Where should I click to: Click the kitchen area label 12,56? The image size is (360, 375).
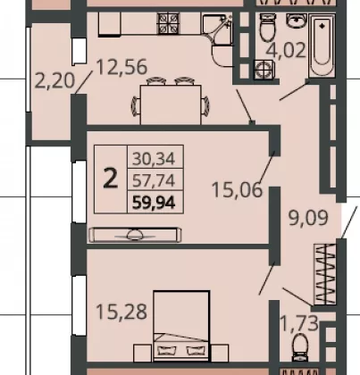[122, 67]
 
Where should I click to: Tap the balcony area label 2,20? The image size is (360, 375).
[54, 80]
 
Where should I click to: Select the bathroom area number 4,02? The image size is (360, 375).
[286, 50]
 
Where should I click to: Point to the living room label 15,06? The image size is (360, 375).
[238, 189]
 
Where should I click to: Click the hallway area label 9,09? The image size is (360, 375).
[308, 218]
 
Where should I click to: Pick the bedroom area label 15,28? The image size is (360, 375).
[121, 312]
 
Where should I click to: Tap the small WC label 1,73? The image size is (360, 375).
[299, 323]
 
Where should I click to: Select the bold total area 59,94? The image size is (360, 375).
[154, 204]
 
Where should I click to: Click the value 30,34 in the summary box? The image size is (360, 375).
[154, 158]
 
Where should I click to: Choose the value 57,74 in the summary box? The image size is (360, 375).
[154, 180]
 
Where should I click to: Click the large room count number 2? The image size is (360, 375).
[110, 179]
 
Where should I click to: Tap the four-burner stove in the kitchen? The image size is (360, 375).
[169, 23]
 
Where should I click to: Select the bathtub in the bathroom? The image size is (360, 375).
[322, 46]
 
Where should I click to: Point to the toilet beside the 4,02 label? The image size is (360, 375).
[268, 28]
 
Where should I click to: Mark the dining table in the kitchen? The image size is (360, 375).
[171, 104]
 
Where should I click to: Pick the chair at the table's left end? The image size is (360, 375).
[136, 105]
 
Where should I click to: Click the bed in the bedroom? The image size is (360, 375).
[181, 326]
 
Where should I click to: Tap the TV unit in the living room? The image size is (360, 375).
[135, 235]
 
